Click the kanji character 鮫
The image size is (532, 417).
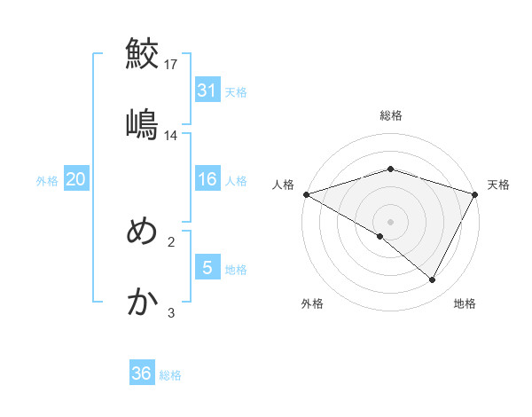(x=142, y=53)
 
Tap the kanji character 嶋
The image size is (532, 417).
(x=142, y=123)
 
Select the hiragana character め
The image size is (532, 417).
(x=142, y=232)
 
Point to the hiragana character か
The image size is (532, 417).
(x=142, y=303)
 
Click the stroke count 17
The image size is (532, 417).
(x=172, y=64)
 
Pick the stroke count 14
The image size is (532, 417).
(x=172, y=135)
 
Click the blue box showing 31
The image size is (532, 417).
(x=207, y=90)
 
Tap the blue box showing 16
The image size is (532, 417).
(x=207, y=179)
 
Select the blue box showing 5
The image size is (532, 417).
(x=207, y=267)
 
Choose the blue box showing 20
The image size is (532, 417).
(x=75, y=179)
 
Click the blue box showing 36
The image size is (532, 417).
(x=142, y=374)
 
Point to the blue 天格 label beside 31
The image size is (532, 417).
(x=236, y=91)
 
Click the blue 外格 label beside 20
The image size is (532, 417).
(x=47, y=180)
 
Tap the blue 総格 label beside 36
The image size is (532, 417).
(x=170, y=375)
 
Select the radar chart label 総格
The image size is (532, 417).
(x=391, y=115)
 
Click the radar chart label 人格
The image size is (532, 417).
(x=284, y=185)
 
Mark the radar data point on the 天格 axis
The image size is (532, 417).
(x=475, y=194)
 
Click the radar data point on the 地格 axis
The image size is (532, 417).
(x=433, y=279)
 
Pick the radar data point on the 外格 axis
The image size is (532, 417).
(x=380, y=236)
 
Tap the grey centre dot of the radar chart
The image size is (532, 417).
(x=391, y=222)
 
